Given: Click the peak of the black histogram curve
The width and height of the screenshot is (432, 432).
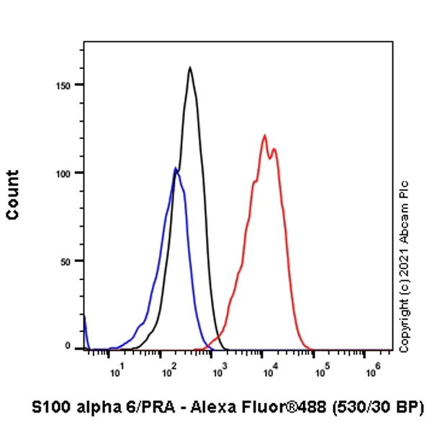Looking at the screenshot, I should click(189, 68).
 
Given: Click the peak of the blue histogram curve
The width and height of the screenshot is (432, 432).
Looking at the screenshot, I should click(175, 168).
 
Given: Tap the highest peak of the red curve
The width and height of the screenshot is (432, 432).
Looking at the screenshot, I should click(265, 135).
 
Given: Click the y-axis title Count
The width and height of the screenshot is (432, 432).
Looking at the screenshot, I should click(12, 194).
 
